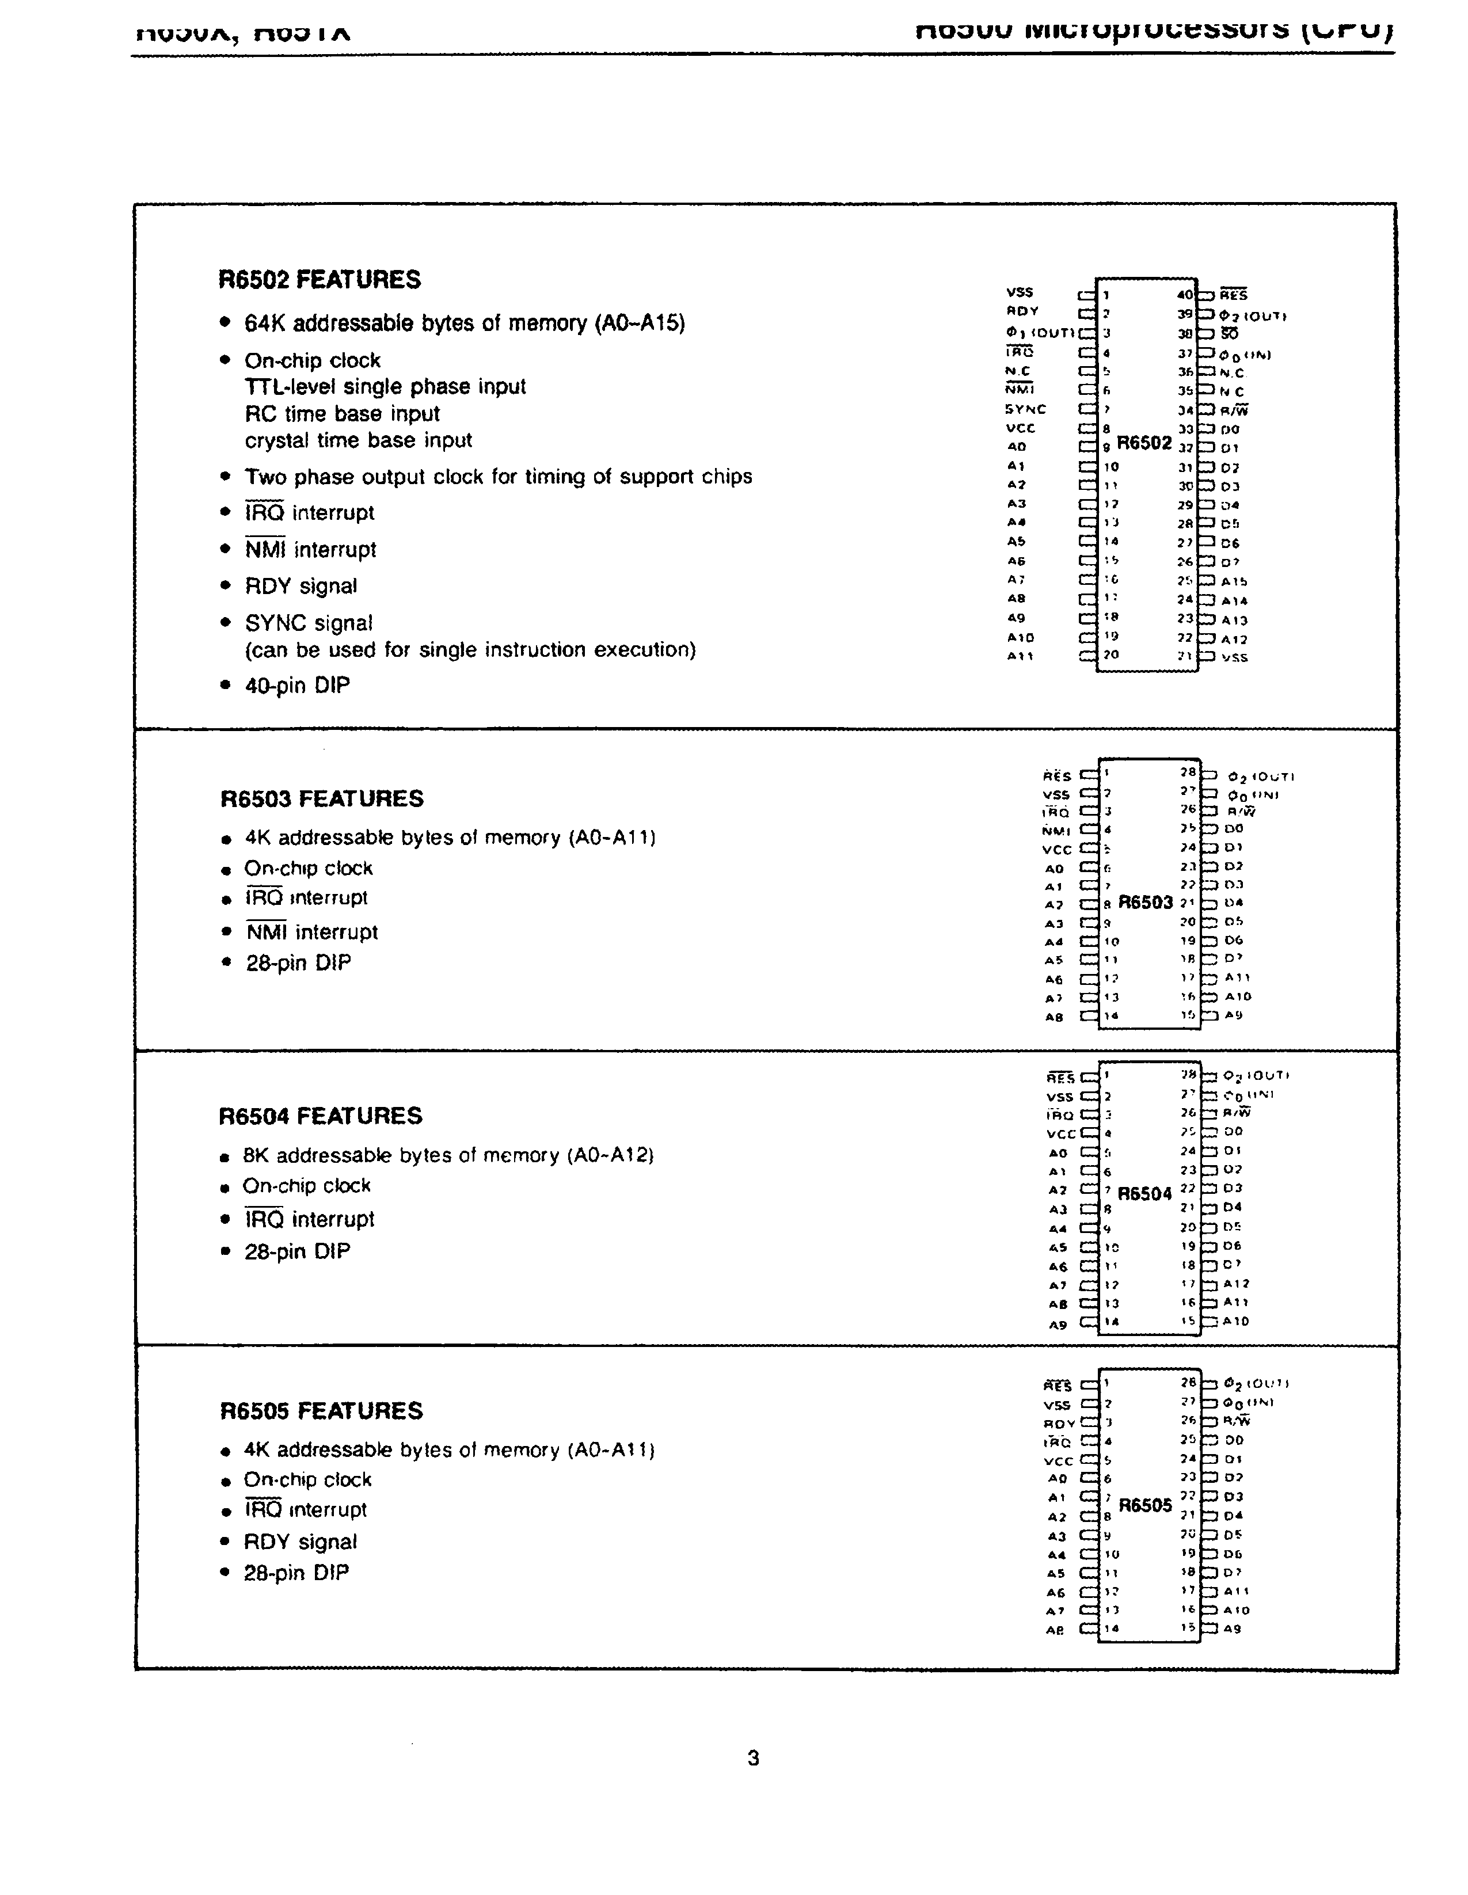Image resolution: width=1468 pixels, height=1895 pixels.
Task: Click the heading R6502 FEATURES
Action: point(320,280)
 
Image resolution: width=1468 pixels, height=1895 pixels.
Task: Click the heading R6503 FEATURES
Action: point(321,798)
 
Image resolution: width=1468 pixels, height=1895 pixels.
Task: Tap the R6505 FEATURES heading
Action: point(321,1411)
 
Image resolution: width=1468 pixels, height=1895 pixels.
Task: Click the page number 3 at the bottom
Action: point(753,1758)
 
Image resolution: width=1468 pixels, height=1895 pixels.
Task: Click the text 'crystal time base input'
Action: point(358,441)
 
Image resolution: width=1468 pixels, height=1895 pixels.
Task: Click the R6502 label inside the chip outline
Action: point(1143,443)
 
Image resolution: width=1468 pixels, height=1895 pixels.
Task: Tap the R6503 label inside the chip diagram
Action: point(1145,903)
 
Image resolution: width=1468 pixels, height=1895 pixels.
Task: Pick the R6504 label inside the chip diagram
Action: point(1144,1194)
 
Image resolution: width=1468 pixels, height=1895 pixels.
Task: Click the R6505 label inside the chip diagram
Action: point(1145,1505)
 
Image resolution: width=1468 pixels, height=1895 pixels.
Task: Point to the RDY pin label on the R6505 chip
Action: point(1059,1424)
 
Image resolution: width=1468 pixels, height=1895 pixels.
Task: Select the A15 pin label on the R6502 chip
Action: point(1234,581)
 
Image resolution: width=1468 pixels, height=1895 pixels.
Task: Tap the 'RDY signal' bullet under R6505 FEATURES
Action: point(300,1542)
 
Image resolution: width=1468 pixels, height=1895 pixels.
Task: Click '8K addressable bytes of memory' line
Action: point(448,1156)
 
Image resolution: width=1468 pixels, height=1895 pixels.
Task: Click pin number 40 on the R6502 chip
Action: point(1185,295)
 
